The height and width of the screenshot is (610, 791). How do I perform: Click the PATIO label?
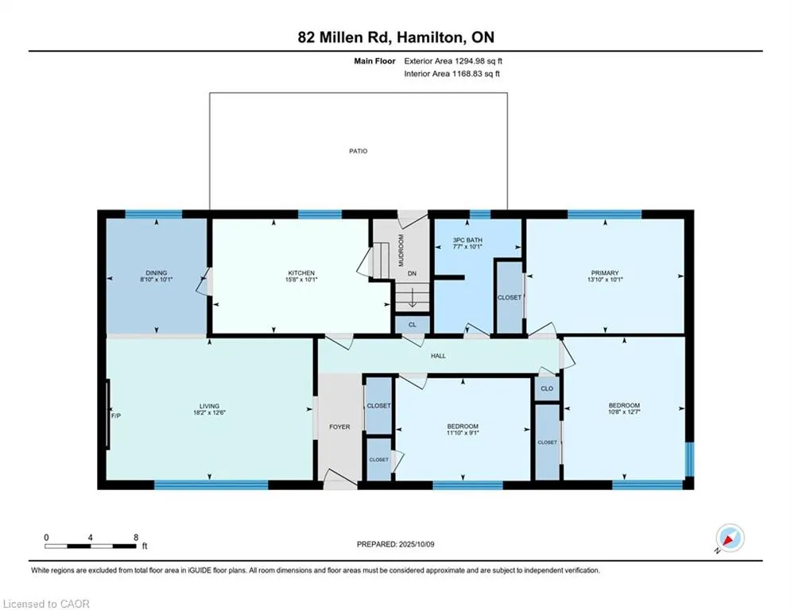[359, 151]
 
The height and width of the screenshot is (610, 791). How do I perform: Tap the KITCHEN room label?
[301, 272]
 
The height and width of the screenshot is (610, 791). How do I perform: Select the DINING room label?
[157, 272]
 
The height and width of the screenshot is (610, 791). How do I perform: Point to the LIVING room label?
[209, 406]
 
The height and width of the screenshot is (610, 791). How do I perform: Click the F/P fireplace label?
[116, 416]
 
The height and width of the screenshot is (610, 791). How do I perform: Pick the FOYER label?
[339, 427]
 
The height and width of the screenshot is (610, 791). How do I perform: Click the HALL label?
[438, 356]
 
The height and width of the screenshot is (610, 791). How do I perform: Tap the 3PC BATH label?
[467, 240]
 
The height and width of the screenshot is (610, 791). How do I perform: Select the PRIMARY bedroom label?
[605, 272]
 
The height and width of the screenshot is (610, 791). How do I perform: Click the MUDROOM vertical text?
[401, 250]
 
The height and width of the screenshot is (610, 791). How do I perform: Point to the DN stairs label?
[412, 274]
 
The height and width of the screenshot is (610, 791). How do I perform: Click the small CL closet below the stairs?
[412, 325]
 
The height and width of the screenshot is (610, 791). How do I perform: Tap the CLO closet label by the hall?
[547, 388]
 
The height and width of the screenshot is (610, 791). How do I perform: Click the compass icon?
[730, 538]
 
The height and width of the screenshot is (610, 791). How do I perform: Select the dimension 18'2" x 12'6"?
[209, 412]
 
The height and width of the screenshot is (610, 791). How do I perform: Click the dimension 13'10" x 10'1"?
[605, 280]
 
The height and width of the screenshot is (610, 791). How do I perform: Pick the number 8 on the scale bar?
[136, 538]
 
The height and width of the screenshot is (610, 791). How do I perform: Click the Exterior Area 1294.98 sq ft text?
[453, 61]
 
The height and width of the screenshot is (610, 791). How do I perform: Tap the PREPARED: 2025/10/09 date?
[396, 544]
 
